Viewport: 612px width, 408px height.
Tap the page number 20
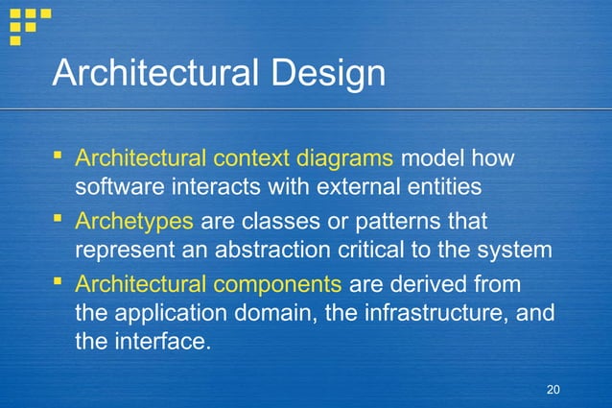click(x=552, y=389)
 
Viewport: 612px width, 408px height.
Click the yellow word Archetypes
click(x=135, y=222)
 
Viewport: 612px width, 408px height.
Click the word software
click(x=117, y=184)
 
